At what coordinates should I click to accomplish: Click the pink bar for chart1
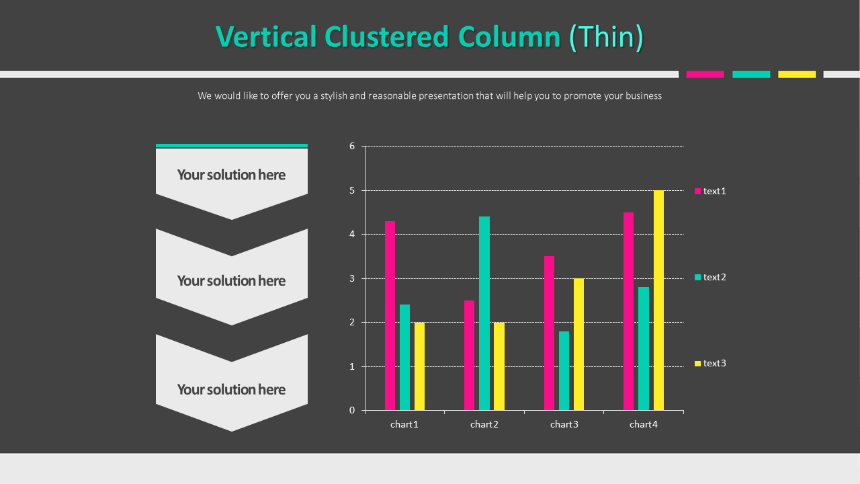coord(390,315)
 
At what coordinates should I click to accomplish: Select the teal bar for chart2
coord(484,313)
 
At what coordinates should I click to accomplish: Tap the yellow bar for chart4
coord(658,300)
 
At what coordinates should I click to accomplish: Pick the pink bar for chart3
coord(549,333)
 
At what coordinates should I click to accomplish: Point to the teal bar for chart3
coord(564,370)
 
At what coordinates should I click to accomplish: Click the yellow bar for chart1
coord(419,366)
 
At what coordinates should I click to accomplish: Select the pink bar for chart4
coord(628,311)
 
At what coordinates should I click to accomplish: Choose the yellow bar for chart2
coord(499,366)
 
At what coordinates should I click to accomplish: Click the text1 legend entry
coord(710,191)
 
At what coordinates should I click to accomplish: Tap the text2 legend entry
coord(710,277)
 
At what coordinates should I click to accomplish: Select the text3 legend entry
coord(710,363)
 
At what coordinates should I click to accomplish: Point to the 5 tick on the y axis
coord(352,190)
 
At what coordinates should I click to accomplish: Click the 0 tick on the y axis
coord(352,410)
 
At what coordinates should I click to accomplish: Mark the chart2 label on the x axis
coord(484,424)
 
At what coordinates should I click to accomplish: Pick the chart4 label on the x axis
coord(644,424)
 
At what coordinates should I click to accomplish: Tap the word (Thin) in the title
coord(606,37)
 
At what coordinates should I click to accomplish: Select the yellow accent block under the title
coord(797,74)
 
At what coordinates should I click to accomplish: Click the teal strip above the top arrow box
coord(232,145)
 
